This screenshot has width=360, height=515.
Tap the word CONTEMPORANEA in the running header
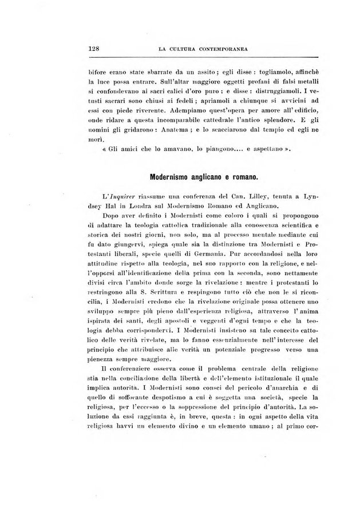(x=219, y=50)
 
